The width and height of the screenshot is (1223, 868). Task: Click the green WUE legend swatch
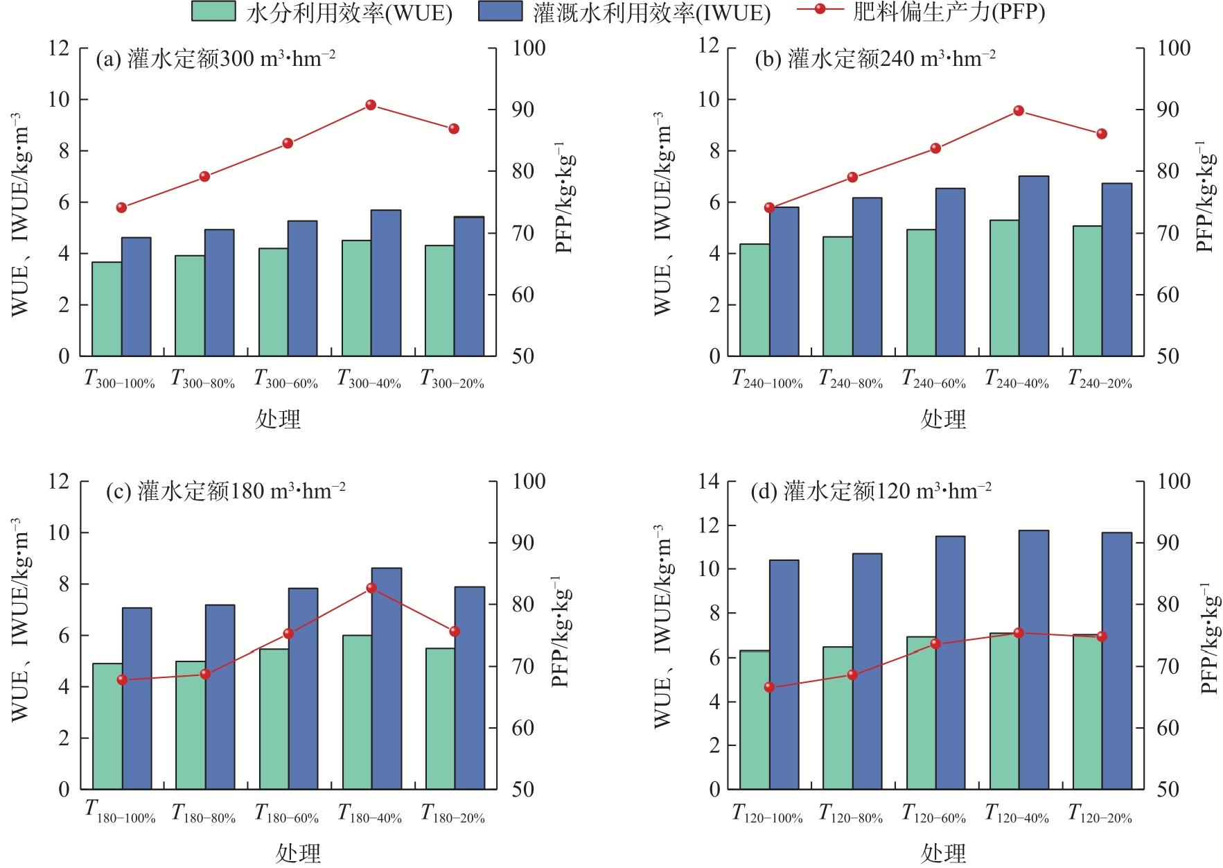[x=212, y=12]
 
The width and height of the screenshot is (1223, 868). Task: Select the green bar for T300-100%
[x=107, y=309]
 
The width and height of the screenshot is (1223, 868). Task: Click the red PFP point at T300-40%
[x=371, y=105]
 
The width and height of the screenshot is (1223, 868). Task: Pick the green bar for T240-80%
[x=838, y=296]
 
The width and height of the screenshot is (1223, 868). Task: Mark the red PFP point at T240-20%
[x=1102, y=134]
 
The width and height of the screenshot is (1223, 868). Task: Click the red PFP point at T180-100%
[x=122, y=679]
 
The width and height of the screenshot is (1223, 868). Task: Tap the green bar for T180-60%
[x=274, y=719]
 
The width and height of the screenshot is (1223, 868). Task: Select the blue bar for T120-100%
[x=784, y=674]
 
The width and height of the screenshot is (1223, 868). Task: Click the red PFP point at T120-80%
[x=852, y=675]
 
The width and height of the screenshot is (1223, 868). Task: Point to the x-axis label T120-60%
[x=933, y=813]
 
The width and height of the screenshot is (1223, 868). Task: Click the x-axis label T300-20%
[x=452, y=379]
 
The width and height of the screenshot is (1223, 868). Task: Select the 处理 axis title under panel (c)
[x=298, y=852]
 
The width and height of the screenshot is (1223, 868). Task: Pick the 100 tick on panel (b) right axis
[x=1174, y=49]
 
